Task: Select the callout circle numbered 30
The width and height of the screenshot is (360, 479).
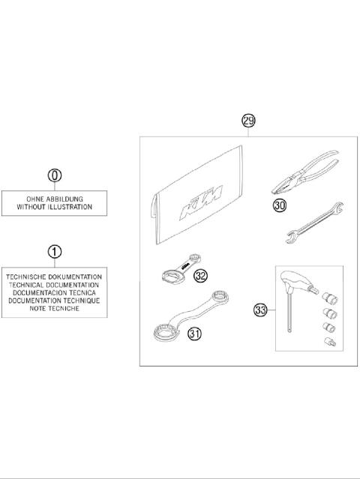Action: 279,204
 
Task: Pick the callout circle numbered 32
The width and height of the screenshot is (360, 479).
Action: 200,276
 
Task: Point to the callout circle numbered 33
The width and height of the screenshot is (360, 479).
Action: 261,309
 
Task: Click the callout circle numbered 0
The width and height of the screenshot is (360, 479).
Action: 55,176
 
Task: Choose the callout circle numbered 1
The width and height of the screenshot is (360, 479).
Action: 55,252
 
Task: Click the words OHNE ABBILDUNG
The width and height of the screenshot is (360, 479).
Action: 55,199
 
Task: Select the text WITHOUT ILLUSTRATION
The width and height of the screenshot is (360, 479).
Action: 55,207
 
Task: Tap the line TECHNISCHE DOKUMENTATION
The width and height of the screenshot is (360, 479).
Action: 55,277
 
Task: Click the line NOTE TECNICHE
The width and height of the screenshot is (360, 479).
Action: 55,308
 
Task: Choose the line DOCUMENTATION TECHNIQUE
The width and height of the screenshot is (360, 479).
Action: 55,300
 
